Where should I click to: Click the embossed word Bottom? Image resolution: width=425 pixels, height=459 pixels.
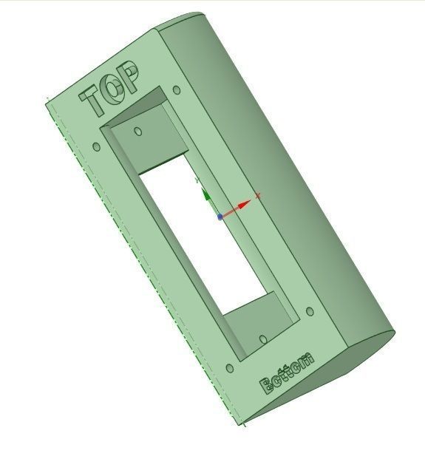288,375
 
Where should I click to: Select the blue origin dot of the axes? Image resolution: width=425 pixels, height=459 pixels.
220,217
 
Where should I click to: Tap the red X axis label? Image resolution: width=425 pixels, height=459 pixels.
257,196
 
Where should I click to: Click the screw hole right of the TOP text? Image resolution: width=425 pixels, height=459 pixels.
176,91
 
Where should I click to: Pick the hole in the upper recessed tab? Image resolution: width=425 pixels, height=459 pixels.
139,132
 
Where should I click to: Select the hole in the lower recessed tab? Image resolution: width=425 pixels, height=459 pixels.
264,339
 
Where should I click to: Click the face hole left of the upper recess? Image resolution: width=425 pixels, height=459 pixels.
96,147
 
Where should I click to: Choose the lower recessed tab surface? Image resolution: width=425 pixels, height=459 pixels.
255,318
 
